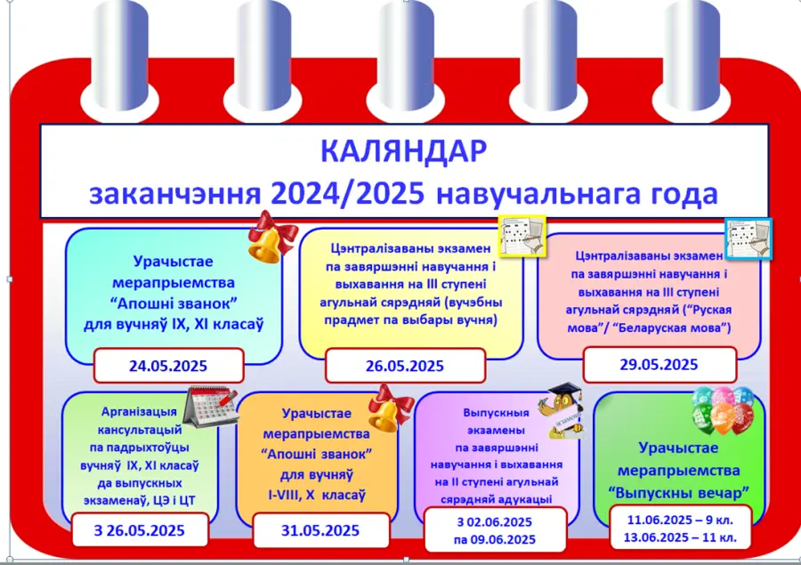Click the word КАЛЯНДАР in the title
click(403, 150)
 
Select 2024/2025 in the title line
click(348, 194)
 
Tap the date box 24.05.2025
click(168, 366)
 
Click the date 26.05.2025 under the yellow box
click(405, 366)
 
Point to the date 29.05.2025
click(659, 364)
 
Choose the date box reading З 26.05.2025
click(140, 530)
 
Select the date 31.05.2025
click(320, 530)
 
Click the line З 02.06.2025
click(495, 522)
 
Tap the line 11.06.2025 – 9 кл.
click(680, 520)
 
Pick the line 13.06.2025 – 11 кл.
click(680, 537)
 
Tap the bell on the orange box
click(391, 409)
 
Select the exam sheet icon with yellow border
click(522, 236)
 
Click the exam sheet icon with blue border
click(748, 238)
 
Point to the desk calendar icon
click(210, 407)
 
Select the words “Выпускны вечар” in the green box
click(678, 493)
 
